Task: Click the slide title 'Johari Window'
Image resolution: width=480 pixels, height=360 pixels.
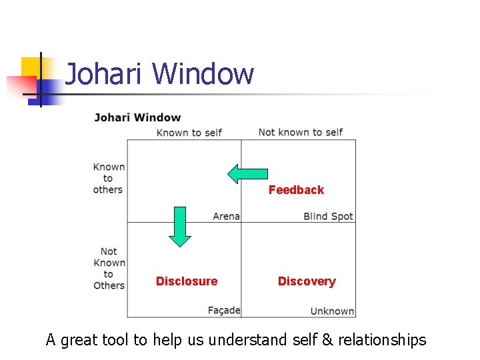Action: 160,74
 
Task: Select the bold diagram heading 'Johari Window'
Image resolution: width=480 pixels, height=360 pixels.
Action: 137,118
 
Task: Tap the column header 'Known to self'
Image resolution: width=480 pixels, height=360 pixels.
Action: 189,132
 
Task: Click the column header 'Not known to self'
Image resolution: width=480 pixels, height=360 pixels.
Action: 300,132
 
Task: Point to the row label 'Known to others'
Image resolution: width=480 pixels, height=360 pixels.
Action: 108,178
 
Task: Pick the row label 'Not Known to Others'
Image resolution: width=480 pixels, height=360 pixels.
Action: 109,268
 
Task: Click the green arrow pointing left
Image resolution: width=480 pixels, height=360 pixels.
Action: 247,174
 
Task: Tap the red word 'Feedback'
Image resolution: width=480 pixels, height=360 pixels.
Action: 296,190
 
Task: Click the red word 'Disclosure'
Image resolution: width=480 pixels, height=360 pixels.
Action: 187,281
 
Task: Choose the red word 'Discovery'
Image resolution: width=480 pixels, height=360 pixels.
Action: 307,281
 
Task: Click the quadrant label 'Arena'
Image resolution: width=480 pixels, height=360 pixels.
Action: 226,216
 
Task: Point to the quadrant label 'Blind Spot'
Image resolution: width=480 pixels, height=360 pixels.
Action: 328,216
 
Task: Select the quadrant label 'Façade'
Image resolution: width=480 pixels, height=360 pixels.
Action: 223,310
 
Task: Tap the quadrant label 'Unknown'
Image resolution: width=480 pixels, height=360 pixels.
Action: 332,311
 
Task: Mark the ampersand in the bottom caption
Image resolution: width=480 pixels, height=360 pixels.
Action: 327,340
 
